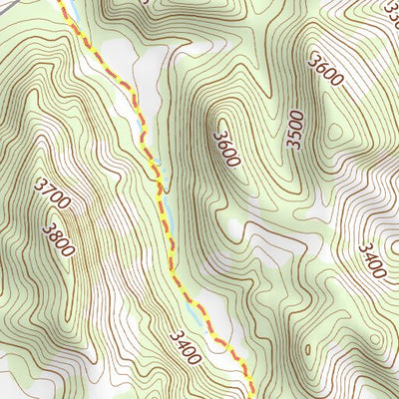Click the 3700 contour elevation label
pyautogui.click(x=52, y=195)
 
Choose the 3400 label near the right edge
pyautogui.click(x=371, y=260)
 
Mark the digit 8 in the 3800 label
pyautogui.click(x=53, y=233)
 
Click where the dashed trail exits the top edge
pyautogui.click(x=62, y=2)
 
